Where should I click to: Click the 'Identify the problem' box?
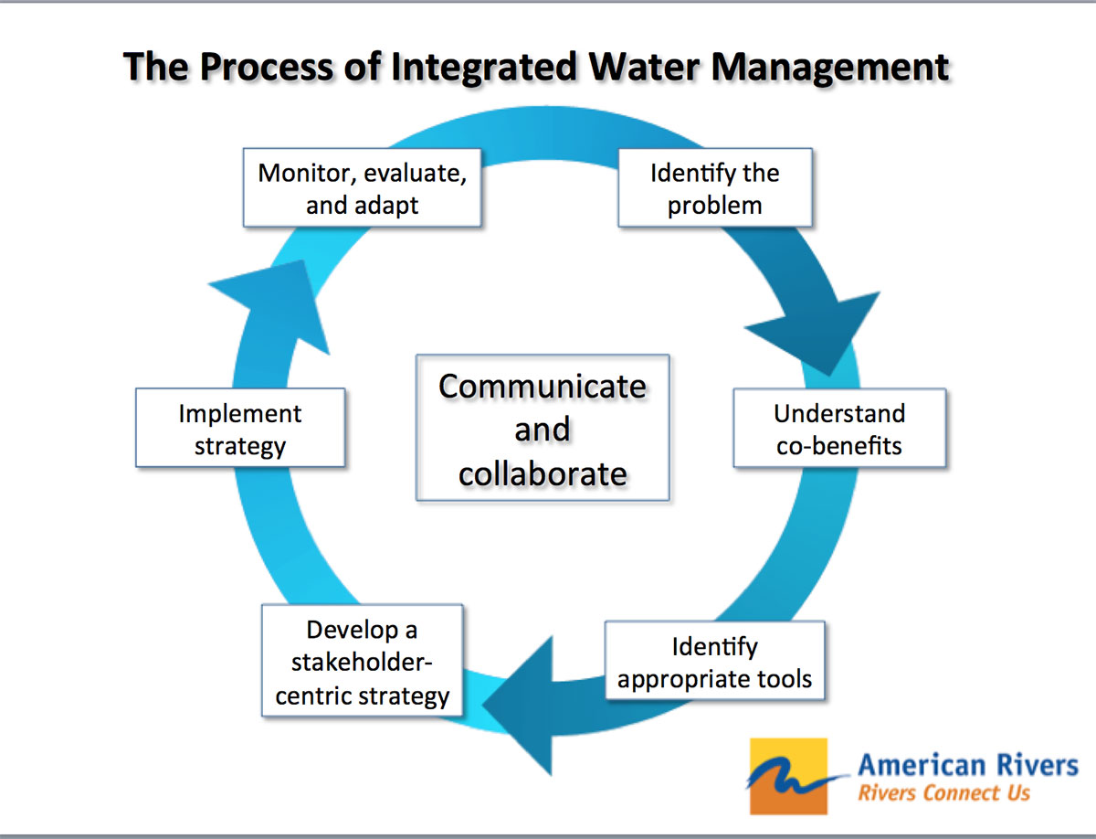[x=715, y=189]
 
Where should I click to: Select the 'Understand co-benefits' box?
[x=839, y=429]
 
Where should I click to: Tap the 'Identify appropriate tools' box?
[x=715, y=663]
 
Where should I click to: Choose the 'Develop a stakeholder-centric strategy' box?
[x=363, y=663]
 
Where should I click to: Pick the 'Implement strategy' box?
[x=240, y=429]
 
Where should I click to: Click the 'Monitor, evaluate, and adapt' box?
[x=362, y=189]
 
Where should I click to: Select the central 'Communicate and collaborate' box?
[x=543, y=428]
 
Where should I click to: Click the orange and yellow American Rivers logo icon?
[x=787, y=776]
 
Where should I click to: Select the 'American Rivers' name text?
[x=967, y=764]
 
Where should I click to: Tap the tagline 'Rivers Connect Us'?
[x=943, y=792]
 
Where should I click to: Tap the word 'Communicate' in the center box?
[x=543, y=386]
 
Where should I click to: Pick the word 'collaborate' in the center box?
[x=543, y=473]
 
